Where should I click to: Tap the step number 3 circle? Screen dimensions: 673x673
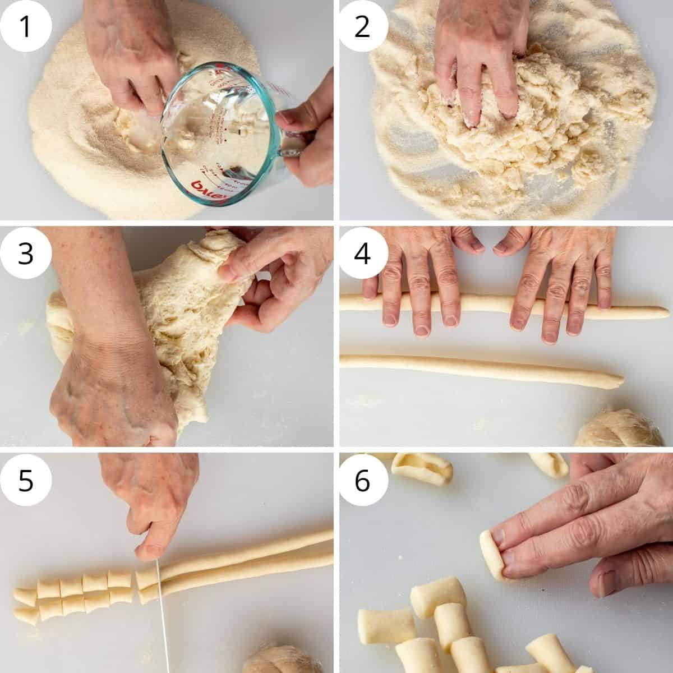[x=26, y=253]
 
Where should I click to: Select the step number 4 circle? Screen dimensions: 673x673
[x=363, y=253]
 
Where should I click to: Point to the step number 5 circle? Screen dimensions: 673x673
[x=26, y=481]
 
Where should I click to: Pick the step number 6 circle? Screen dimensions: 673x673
[x=363, y=481]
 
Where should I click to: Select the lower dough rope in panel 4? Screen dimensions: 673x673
[x=477, y=368]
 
